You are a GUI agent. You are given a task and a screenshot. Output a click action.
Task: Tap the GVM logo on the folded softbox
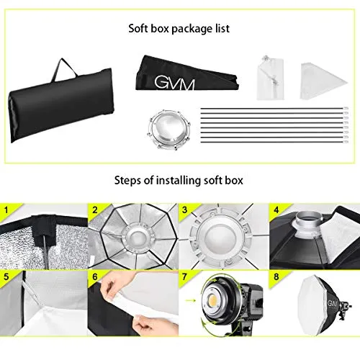pos(174,83)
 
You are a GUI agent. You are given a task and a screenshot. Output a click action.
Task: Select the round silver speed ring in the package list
pos(168,129)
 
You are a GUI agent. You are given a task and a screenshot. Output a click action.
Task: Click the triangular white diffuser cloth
pos(323,81)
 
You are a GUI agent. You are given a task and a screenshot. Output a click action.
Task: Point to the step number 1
pos(6,210)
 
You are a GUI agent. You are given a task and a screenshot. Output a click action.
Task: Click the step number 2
pos(95,210)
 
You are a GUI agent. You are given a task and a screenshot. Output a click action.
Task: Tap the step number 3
pos(184,210)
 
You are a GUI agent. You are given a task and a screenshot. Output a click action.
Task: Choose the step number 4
pos(276,210)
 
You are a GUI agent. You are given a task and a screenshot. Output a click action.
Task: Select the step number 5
pos(6,276)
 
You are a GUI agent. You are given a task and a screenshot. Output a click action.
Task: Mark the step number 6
pos(95,276)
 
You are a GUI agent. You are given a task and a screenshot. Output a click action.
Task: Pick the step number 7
pos(184,276)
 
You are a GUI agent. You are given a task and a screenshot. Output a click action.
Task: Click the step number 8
pos(276,276)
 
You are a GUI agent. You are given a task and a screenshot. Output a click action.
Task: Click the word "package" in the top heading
pos(189,29)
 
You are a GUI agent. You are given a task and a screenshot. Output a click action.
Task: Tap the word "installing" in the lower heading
pos(179,180)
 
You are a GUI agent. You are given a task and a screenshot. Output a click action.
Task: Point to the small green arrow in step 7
pos(191,300)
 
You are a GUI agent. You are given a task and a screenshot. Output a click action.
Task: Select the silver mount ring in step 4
pos(307,224)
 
